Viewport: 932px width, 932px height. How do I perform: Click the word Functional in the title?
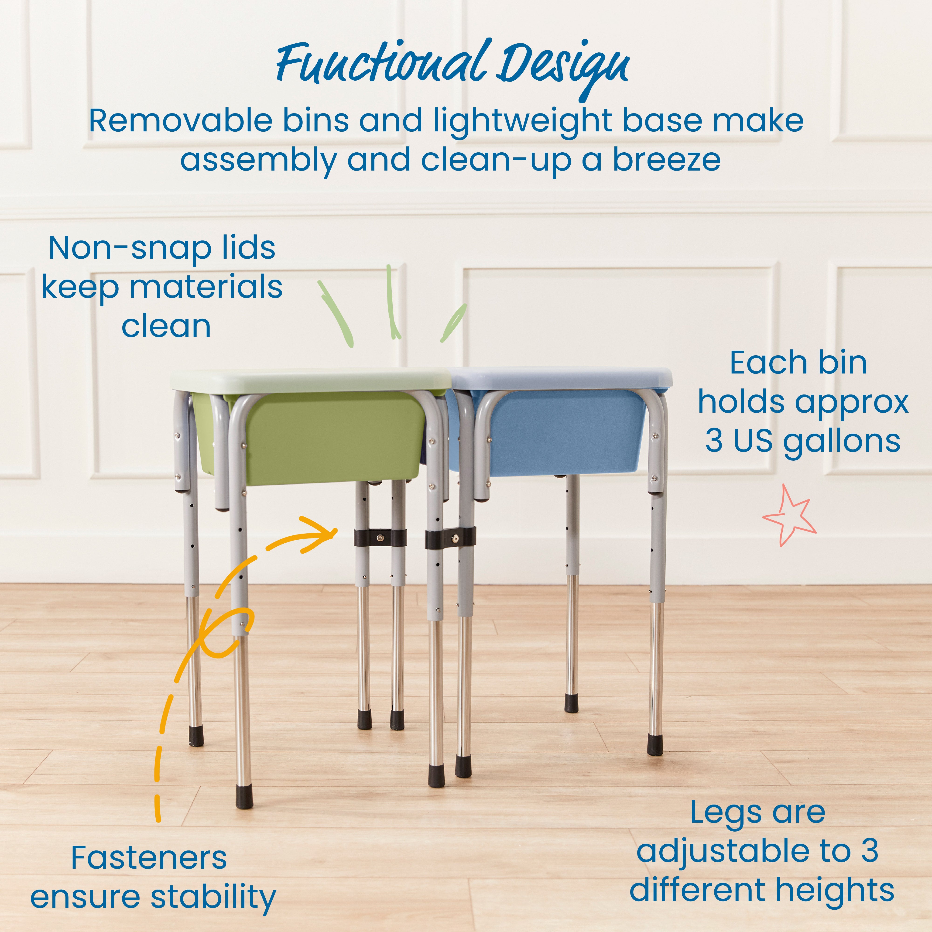381,65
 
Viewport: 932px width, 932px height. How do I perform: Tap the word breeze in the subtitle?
667,160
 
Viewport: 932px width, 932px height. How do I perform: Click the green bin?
333,437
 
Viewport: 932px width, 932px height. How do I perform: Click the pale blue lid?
560,377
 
